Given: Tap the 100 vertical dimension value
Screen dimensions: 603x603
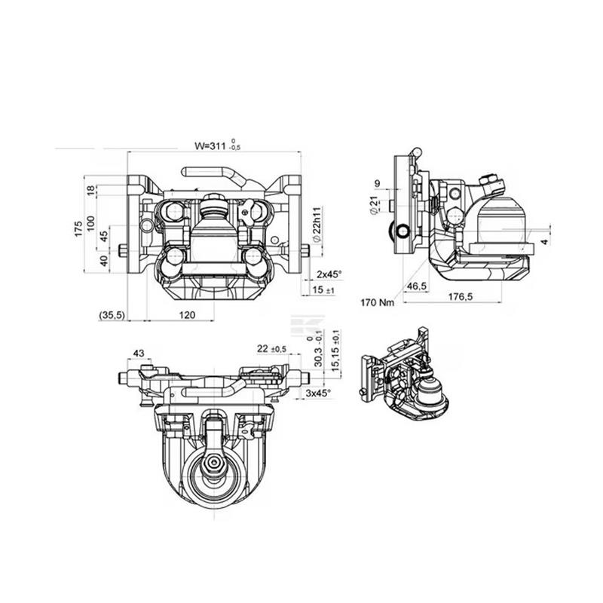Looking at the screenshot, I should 91,223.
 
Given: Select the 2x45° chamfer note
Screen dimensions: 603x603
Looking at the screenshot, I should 329,274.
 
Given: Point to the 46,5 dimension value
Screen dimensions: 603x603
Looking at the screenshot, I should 416,287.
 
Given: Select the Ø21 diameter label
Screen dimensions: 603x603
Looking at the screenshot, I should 375,204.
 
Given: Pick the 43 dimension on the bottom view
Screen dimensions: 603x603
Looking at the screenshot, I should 139,353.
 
